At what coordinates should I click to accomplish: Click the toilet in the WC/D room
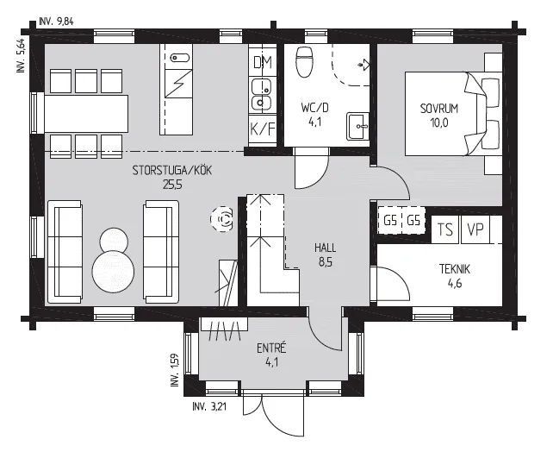point(304,62)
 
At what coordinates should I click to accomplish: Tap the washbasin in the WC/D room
point(357,126)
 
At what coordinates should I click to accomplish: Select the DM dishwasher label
point(263,62)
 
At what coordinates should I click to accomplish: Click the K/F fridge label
point(263,129)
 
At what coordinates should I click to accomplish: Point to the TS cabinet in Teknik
point(445,229)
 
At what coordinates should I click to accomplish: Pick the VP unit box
point(475,229)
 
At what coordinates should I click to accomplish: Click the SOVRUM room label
point(439,109)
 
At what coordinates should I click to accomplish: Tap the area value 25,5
point(172,185)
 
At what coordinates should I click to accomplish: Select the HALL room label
point(326,248)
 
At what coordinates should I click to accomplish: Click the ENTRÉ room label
point(271,348)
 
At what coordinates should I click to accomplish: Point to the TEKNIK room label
point(455,269)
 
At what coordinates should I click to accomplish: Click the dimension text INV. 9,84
point(57,22)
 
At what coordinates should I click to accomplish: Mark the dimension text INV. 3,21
point(209,406)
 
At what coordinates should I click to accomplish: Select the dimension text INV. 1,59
point(175,370)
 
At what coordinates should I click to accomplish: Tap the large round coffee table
point(113,271)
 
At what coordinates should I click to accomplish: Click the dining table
point(86,113)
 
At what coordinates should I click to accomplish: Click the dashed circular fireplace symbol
point(222,219)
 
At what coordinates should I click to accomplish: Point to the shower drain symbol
point(363,65)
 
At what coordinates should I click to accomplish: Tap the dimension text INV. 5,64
point(21,55)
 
